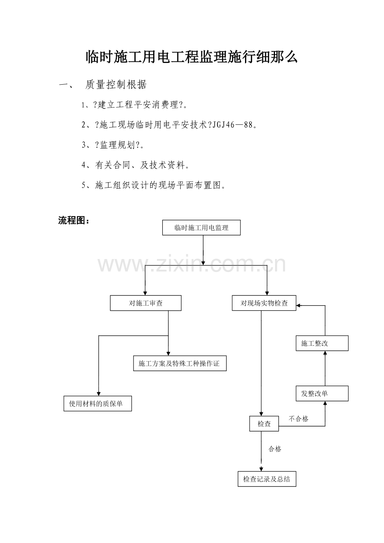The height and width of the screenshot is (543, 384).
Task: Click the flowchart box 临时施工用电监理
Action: [201, 228]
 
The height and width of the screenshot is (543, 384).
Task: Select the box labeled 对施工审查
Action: [146, 303]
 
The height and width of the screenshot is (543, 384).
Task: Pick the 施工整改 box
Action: [322, 343]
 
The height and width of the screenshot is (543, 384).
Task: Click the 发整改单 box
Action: [322, 393]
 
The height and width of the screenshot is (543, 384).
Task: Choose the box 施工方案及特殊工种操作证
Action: [179, 363]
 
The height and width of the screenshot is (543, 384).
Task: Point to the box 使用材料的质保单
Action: [98, 403]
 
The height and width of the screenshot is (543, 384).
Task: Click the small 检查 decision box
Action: [264, 424]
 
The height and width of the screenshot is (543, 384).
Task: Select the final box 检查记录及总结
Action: [267, 479]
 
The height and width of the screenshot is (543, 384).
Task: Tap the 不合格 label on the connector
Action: [298, 419]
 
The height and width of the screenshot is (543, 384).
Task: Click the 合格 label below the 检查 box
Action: [275, 449]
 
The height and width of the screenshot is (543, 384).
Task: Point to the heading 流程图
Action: [74, 221]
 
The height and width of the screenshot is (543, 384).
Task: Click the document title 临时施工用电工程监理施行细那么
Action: [192, 57]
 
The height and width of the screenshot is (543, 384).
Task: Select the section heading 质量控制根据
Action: [116, 85]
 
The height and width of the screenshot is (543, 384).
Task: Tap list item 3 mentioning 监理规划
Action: [115, 145]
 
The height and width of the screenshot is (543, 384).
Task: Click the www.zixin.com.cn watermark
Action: [192, 265]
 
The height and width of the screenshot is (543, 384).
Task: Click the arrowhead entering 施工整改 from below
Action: [325, 353]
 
